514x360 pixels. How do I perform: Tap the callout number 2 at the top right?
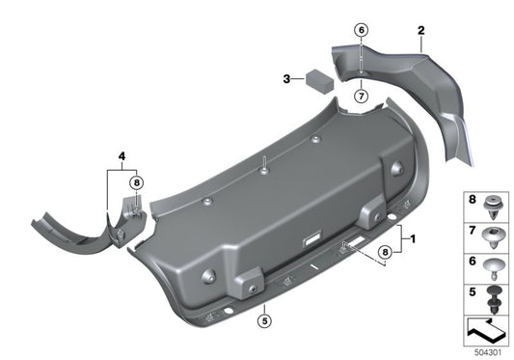tap(420, 32)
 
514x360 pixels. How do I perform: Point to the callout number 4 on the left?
tap(122, 155)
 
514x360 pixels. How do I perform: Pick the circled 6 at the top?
tap(360, 30)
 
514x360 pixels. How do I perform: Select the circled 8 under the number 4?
tap(136, 181)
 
